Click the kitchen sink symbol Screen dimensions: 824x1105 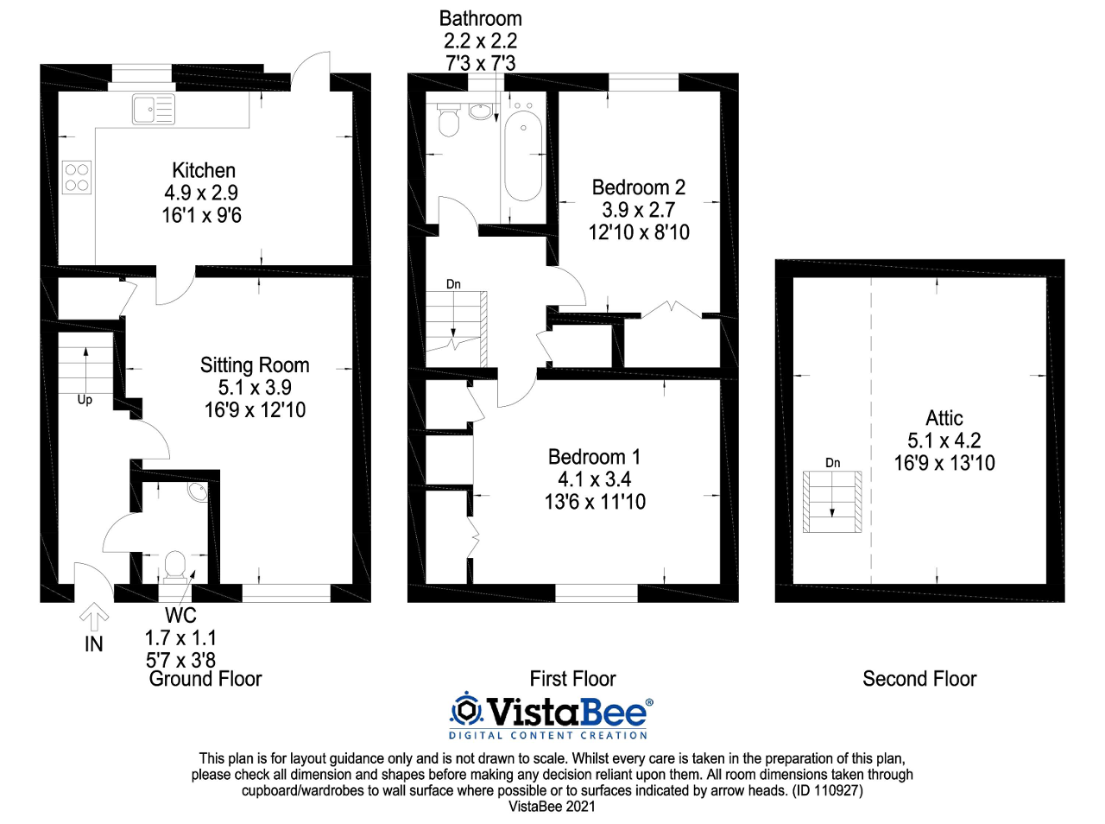point(153,110)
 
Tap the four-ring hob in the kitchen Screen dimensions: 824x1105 point(77,177)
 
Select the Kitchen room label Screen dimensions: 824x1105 point(204,170)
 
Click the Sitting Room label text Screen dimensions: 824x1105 point(255,365)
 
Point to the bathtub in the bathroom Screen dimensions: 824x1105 point(523,155)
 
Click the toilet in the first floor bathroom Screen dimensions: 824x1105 point(448,120)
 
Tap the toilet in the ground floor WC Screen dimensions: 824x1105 point(174,565)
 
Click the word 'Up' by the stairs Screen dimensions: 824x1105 point(85,400)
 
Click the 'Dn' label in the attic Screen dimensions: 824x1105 point(832,463)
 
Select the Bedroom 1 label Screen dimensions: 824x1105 point(594,457)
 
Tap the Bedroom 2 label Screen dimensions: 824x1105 point(638,187)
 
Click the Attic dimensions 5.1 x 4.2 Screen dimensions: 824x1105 point(944,441)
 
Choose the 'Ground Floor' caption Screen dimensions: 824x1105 point(205,679)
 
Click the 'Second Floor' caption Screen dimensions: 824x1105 point(919,679)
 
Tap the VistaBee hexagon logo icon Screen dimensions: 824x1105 point(467,710)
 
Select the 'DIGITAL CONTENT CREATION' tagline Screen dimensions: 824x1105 point(548,736)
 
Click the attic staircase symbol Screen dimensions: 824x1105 point(832,502)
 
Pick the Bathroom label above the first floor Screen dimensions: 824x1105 point(480,18)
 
